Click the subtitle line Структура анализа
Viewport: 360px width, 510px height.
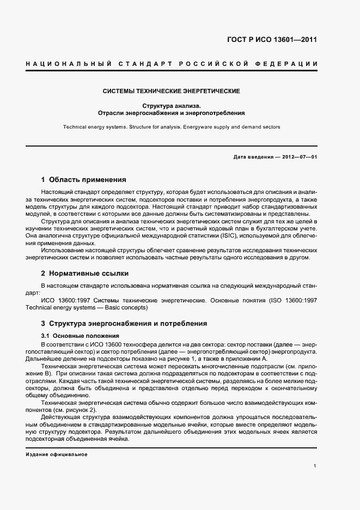(x=172, y=106)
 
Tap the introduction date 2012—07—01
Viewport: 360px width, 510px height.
(x=298, y=157)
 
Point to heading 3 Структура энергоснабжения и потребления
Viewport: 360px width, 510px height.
(x=124, y=324)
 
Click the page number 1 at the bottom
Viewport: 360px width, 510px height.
(x=315, y=466)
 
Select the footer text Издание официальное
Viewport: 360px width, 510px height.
(x=56, y=454)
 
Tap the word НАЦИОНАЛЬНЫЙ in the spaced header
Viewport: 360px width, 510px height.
(x=69, y=64)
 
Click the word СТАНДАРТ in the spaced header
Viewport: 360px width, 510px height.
(x=143, y=64)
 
